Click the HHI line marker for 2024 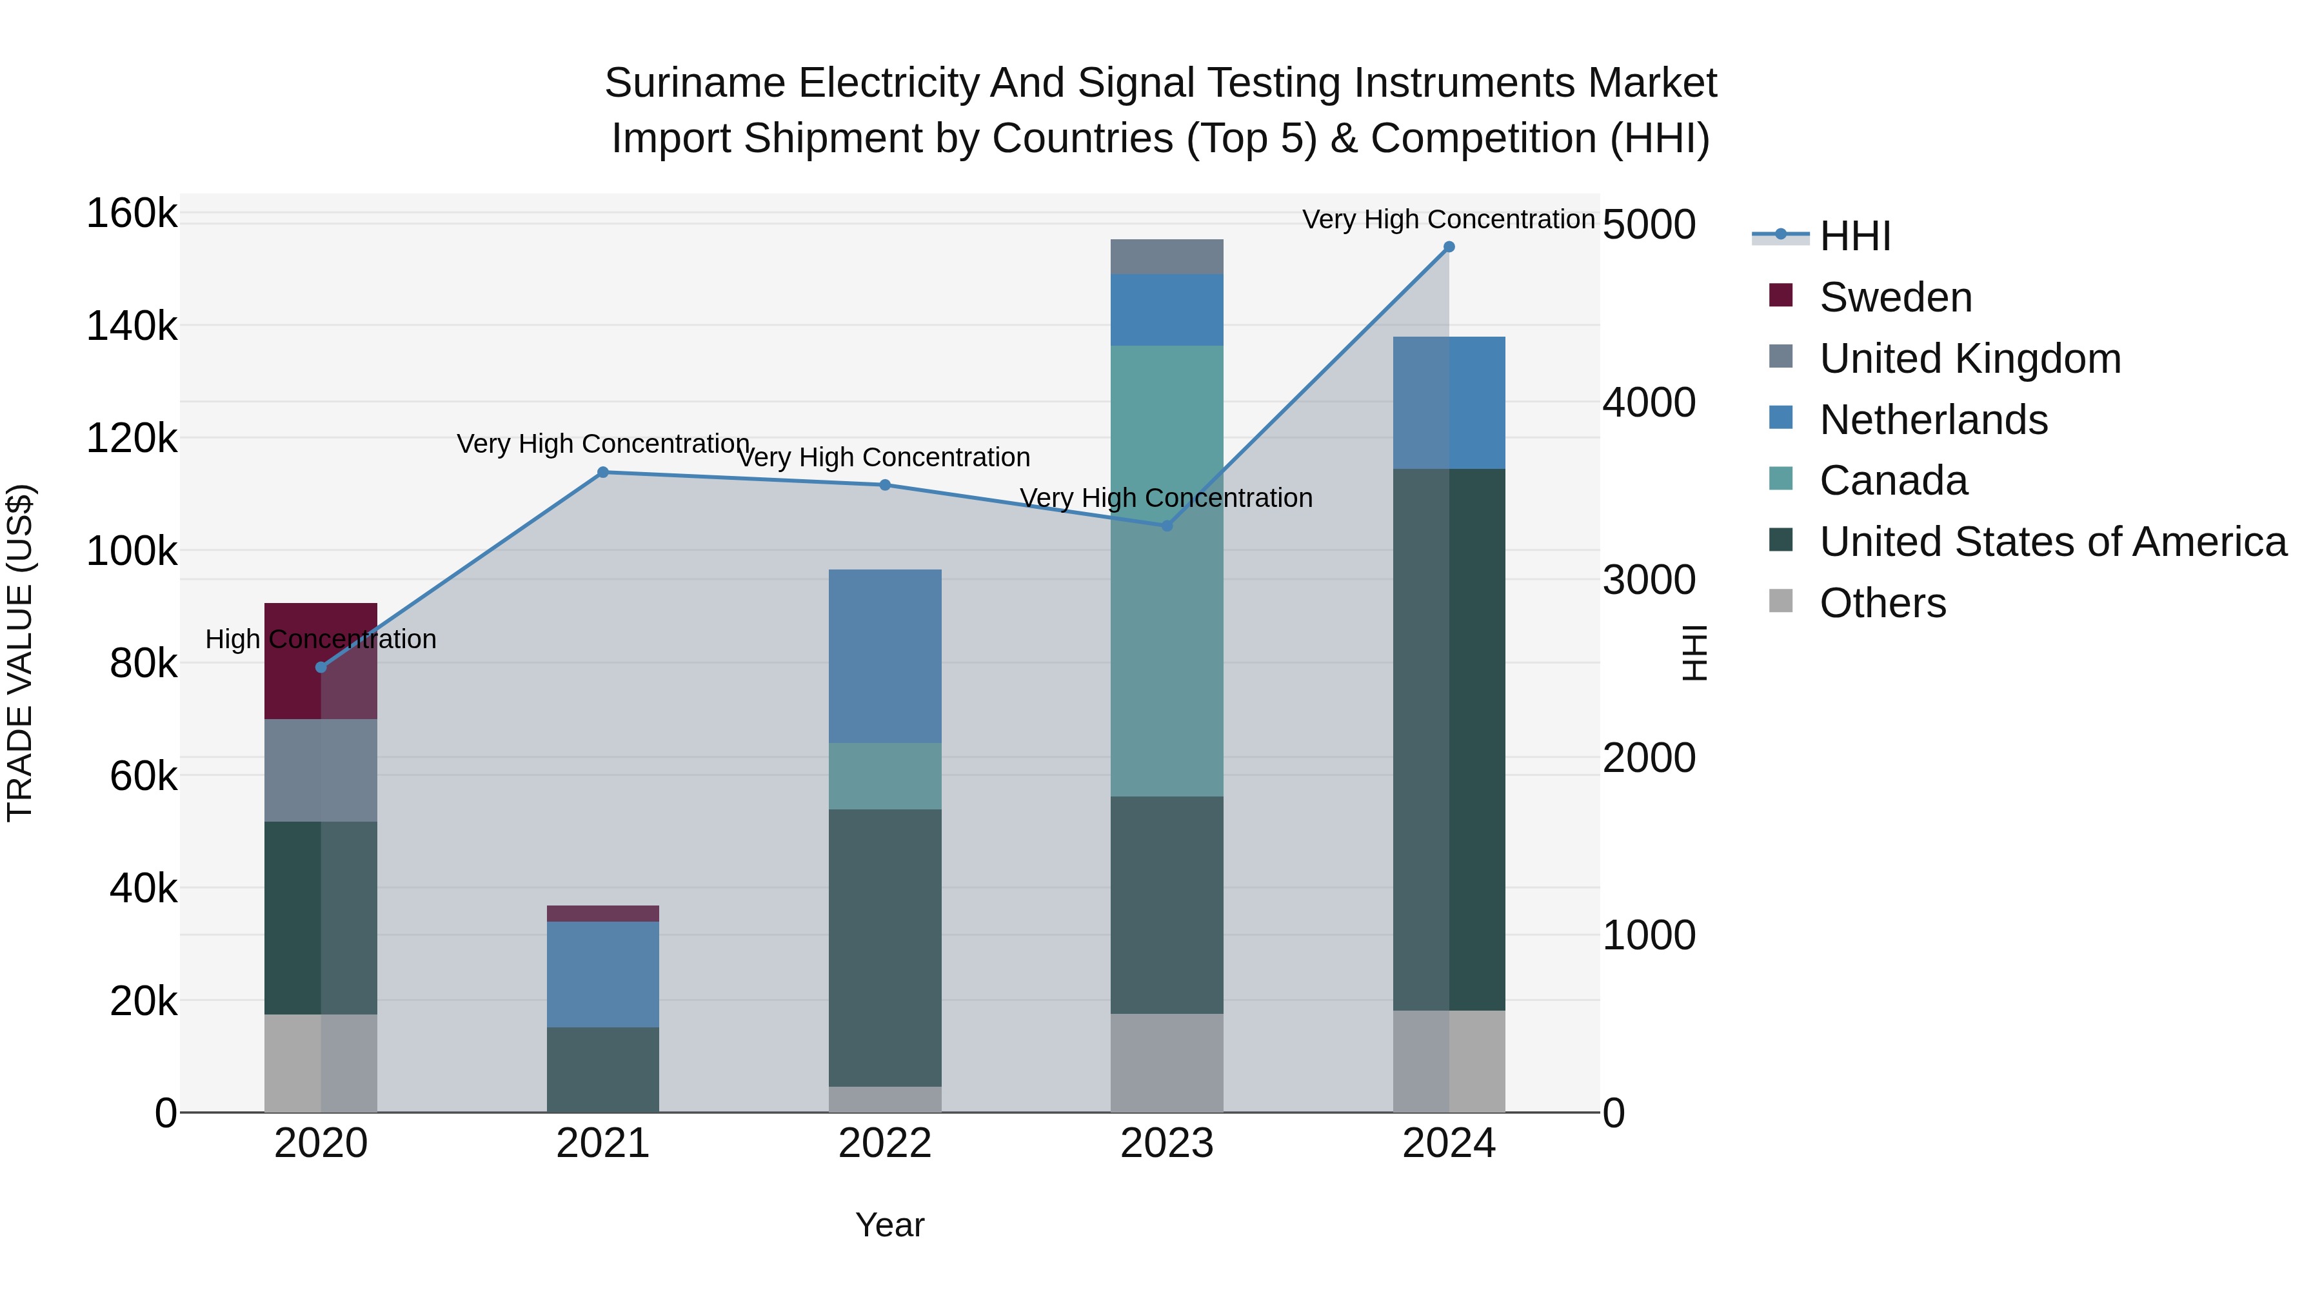click(1449, 247)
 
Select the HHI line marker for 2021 click(603, 472)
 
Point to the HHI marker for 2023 click(1166, 526)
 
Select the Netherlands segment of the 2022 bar click(884, 655)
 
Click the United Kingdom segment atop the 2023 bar click(1166, 257)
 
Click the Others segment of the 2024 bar click(1449, 1061)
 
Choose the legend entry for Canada click(1893, 480)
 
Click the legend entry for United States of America click(2052, 542)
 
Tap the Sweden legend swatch click(1781, 295)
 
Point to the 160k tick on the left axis click(132, 215)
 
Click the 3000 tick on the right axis click(1649, 580)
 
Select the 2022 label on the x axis click(884, 1143)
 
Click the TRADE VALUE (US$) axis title click(20, 653)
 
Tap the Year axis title click(889, 1225)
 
